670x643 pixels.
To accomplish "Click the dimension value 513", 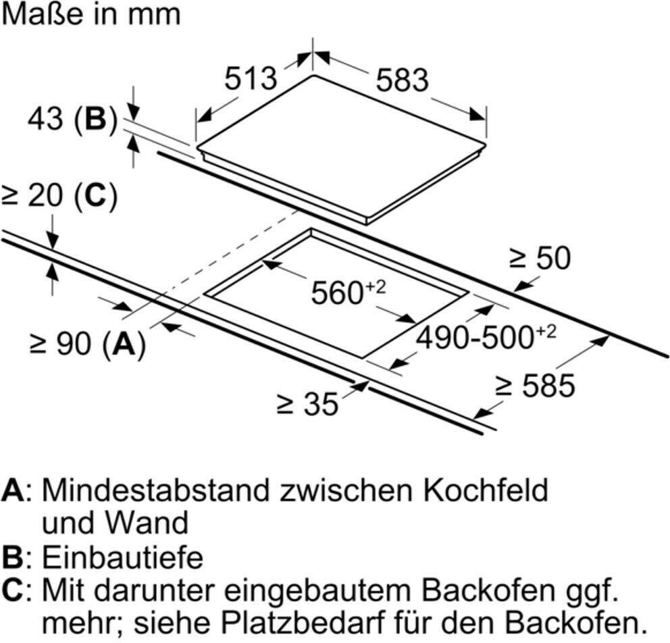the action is tap(251, 78).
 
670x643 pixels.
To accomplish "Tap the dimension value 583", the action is tap(402, 80).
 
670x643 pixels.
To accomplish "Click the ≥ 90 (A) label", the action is tap(88, 343).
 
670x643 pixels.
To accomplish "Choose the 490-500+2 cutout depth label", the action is tap(486, 336).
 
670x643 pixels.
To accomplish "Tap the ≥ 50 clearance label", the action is tap(540, 257).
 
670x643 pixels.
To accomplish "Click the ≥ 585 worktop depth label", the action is tap(535, 386).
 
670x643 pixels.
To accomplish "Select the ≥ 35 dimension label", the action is tap(307, 404).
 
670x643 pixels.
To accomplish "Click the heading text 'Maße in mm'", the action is tap(91, 15).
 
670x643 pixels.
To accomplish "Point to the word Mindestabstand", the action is tap(156, 490).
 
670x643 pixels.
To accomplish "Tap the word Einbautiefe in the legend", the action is tap(123, 557).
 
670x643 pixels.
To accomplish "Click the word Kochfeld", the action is tap(486, 490).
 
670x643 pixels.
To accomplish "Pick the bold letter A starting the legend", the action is tap(14, 491).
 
